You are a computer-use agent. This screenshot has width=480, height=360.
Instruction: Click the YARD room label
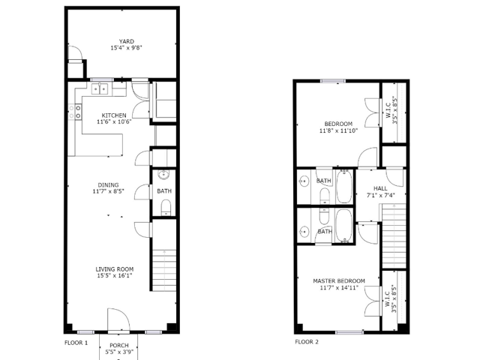click(125, 41)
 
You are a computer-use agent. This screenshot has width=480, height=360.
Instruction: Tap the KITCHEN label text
click(114, 115)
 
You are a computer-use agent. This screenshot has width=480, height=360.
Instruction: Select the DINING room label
click(109, 184)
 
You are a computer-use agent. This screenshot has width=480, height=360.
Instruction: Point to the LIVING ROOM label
click(114, 268)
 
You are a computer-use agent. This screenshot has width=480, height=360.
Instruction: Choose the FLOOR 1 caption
click(76, 342)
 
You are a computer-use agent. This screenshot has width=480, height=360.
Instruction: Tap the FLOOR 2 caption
click(306, 342)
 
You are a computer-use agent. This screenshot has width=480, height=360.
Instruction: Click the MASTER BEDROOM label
click(338, 280)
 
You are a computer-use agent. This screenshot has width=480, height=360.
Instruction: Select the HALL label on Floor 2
click(380, 189)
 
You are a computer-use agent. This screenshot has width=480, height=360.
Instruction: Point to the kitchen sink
click(100, 90)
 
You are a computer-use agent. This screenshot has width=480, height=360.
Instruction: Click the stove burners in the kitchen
click(78, 112)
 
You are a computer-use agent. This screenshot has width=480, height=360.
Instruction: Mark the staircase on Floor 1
click(164, 270)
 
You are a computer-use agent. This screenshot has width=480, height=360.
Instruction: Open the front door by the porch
click(118, 320)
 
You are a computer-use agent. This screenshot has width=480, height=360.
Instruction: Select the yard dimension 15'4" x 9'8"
click(125, 48)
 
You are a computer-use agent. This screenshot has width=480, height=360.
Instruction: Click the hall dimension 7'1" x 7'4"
click(380, 195)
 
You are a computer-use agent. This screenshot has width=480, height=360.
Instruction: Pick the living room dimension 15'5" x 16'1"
click(114, 275)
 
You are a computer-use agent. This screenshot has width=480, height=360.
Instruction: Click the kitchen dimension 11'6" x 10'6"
click(114, 121)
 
